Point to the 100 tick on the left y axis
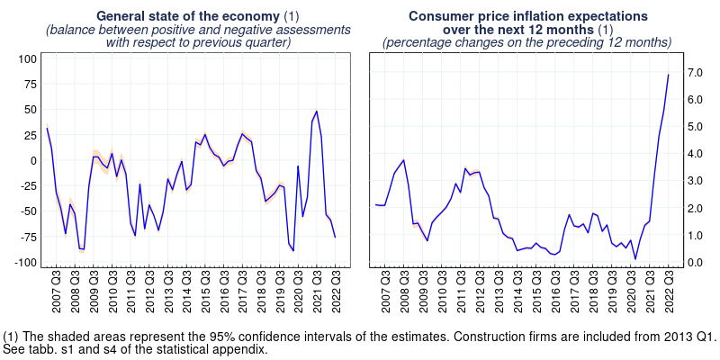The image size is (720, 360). (x=27, y=58)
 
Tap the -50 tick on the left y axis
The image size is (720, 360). (x=27, y=211)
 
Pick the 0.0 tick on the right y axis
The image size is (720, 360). (x=696, y=263)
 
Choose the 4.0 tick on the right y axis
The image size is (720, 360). (x=696, y=154)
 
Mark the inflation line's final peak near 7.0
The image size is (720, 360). (x=668, y=74)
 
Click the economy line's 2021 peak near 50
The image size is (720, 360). (x=316, y=111)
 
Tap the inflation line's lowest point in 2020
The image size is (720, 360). (x=635, y=259)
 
